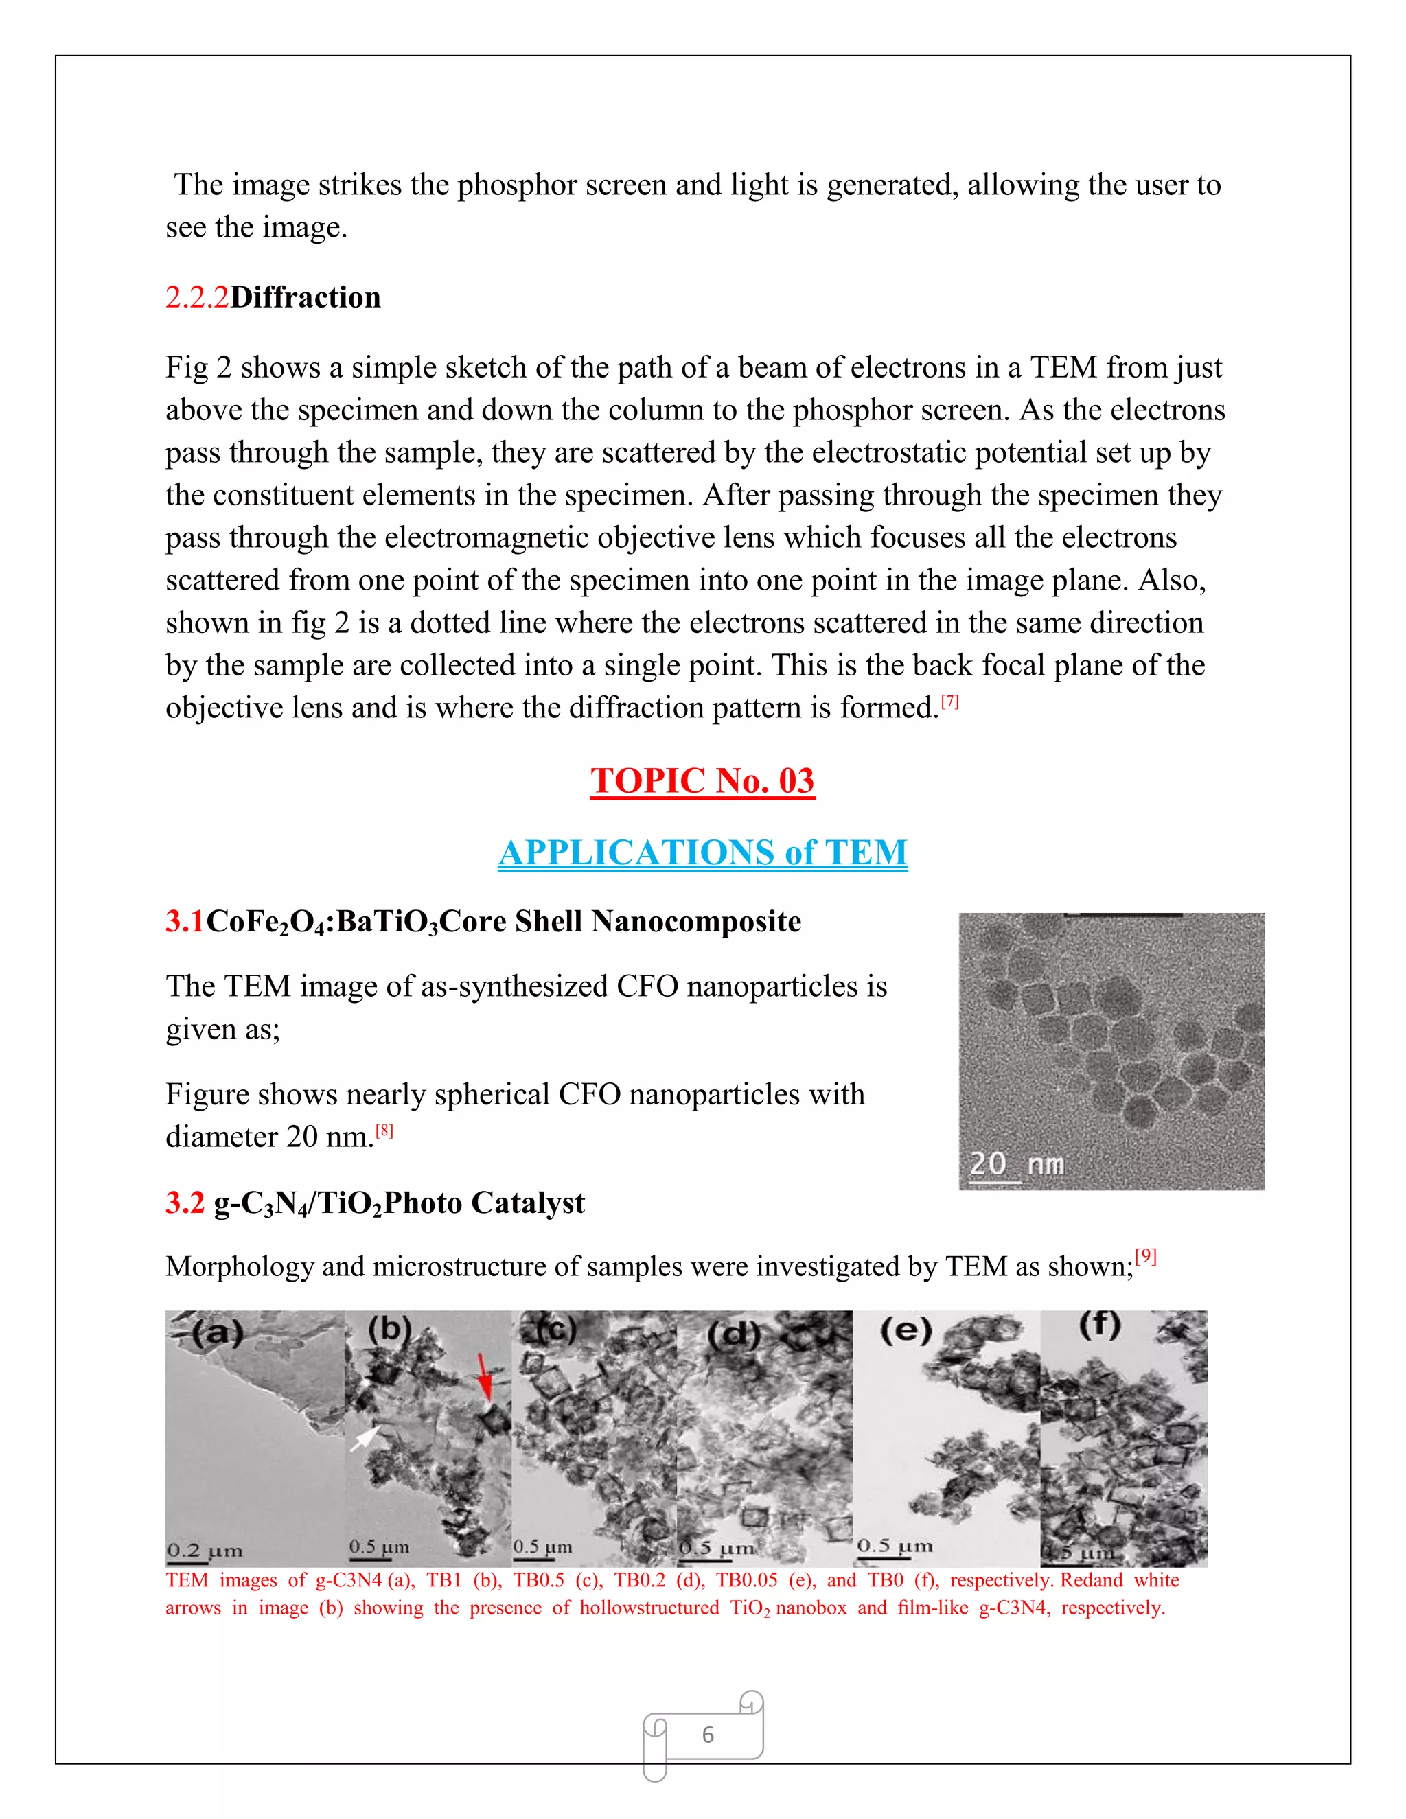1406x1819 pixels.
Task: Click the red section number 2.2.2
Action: coord(196,297)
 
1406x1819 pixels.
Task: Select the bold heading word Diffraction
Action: coord(305,297)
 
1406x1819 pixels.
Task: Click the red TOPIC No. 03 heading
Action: coord(702,781)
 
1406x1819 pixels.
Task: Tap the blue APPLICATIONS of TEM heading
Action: coord(702,853)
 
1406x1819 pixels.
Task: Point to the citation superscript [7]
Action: coord(949,702)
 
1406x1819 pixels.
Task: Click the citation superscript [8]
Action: coord(384,1131)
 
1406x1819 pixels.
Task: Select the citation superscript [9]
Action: coord(1146,1256)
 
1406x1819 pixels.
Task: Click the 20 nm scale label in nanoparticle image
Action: coord(1016,1163)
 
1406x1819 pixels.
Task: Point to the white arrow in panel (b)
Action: coord(365,1437)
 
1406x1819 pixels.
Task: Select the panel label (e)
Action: coord(906,1330)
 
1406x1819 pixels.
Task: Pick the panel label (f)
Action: coord(1100,1324)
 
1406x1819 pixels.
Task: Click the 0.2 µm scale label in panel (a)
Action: coord(204,1551)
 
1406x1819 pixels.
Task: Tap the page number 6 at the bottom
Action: coord(707,1734)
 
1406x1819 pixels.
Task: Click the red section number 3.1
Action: coord(185,921)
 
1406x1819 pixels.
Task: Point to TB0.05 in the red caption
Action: coord(746,1580)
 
